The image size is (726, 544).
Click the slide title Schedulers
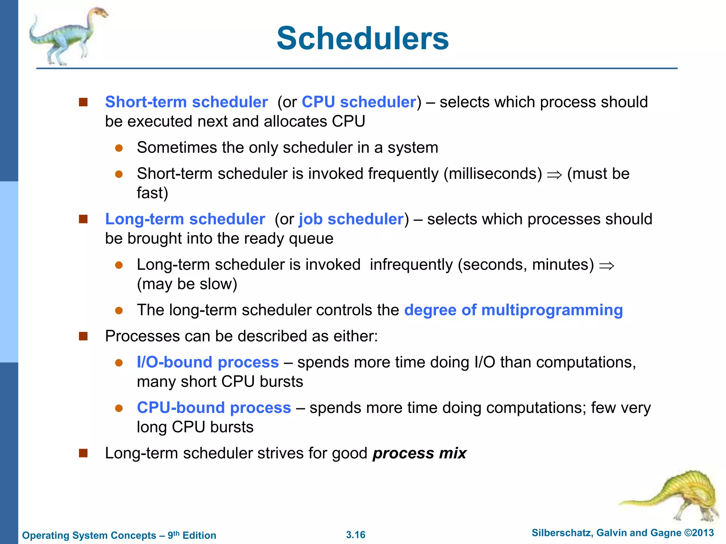363,38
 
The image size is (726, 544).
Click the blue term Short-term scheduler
186,102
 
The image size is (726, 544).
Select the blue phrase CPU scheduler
359,102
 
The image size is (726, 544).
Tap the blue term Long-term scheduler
185,219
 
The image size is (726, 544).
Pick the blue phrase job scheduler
351,219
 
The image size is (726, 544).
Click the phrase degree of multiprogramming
513,310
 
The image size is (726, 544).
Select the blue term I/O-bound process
208,362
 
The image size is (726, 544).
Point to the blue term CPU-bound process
214,408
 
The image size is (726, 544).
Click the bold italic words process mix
419,453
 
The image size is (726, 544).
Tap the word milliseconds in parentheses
493,174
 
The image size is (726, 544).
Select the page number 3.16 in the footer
356,535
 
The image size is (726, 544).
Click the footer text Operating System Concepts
89,535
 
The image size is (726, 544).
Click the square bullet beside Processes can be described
83,336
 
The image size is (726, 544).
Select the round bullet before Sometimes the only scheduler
119,148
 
